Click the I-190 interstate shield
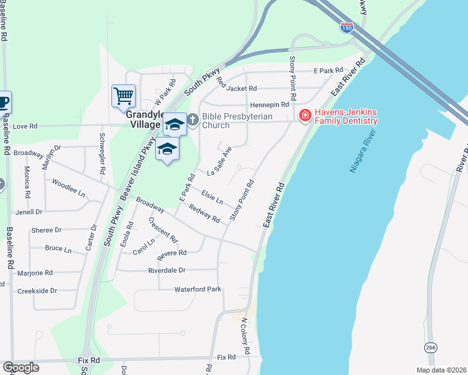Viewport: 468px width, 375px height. point(347,27)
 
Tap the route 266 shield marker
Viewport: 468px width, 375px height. point(431,347)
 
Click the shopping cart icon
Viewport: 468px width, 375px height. point(123,96)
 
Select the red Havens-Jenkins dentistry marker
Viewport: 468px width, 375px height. point(305,116)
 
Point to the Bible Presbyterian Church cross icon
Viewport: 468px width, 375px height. point(193,119)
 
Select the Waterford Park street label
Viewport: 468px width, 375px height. point(198,289)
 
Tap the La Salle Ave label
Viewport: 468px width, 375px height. point(219,162)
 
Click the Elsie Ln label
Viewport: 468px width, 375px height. point(211,197)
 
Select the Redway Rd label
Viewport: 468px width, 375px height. point(204,215)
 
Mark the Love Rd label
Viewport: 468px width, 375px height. point(26,126)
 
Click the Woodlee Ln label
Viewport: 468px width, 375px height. point(69,188)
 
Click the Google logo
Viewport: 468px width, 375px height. point(21,367)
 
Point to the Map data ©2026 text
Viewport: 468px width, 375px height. point(440,370)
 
